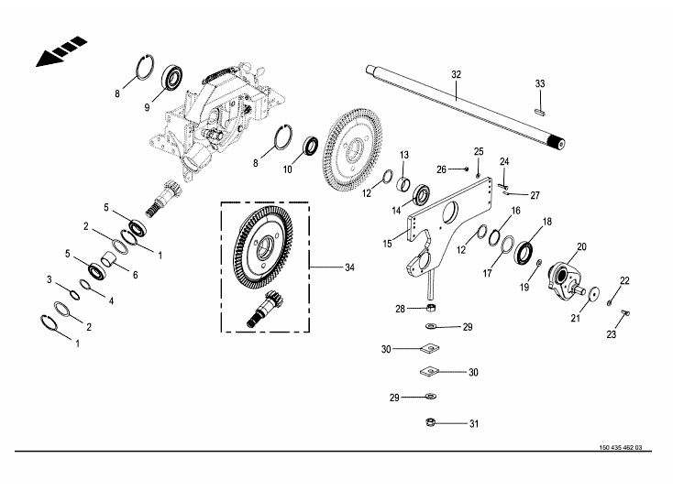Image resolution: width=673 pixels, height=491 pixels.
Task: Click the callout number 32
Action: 457,72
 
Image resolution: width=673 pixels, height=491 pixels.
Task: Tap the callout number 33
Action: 540,84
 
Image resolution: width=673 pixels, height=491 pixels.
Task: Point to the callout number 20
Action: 579,245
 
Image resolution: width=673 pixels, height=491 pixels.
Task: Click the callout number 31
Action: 474,423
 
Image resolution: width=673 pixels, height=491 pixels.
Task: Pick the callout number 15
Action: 388,244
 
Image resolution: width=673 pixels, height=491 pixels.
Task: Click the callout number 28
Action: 400,309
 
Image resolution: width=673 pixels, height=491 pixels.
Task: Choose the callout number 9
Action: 146,107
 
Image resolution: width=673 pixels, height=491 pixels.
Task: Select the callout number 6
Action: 134,274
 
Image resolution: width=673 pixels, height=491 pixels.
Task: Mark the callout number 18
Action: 546,222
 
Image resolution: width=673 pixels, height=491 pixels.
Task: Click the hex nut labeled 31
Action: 431,422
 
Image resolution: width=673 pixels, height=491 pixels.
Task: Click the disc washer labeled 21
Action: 593,293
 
